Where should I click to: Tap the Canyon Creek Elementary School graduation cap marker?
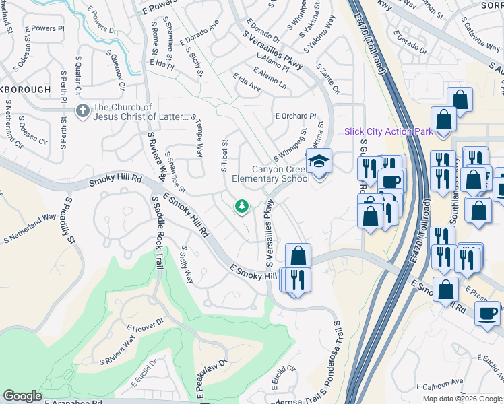tap(319, 162)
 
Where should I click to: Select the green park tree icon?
tap(241, 207)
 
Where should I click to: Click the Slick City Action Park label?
tap(388, 131)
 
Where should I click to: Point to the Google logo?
tap(23, 396)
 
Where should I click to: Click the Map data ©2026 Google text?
tap(462, 399)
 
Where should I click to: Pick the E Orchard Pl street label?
tap(295, 116)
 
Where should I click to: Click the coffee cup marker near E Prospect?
tap(487, 313)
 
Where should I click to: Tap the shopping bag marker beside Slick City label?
tap(444, 121)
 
